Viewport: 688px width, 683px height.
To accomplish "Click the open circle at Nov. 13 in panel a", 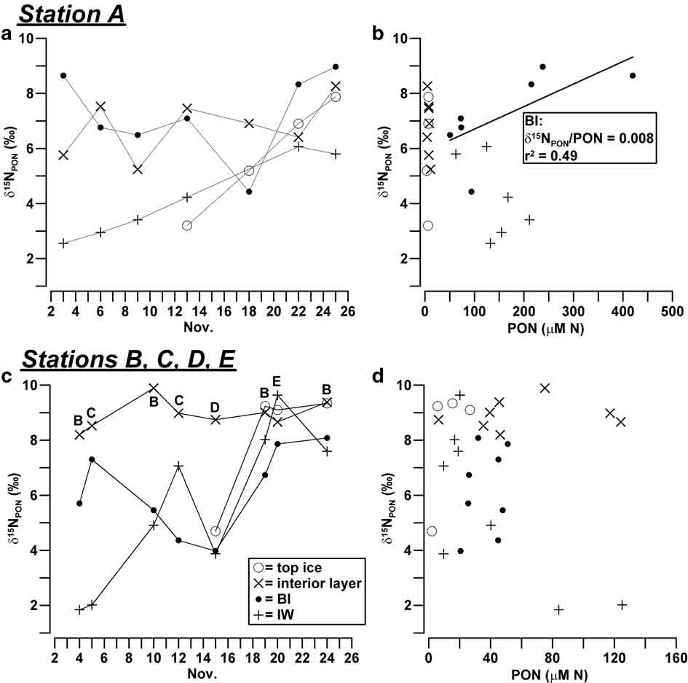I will pos(187,225).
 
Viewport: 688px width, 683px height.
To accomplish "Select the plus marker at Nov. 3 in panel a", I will pos(63,243).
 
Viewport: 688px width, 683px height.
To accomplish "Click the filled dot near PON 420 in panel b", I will pos(633,75).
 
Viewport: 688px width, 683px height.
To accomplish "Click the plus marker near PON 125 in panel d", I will pos(622,605).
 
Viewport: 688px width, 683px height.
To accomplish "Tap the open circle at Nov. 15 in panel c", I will pos(216,531).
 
